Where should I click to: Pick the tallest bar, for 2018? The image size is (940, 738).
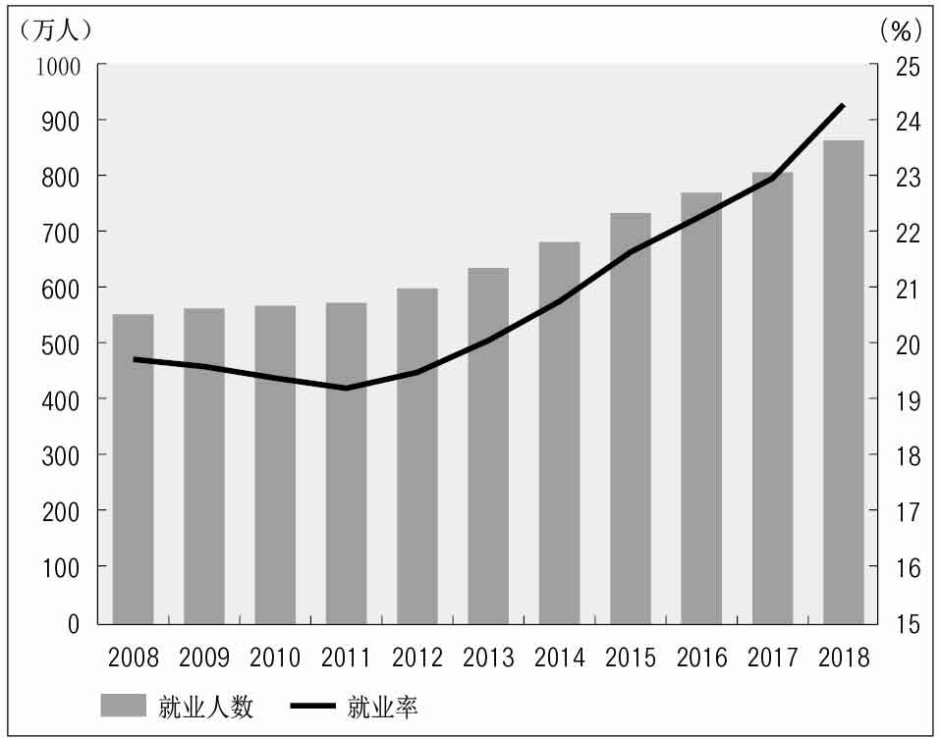(x=843, y=382)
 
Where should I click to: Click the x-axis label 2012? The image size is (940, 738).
(x=417, y=658)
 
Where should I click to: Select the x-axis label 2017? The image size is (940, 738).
(x=773, y=658)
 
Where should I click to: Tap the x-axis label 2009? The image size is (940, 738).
(x=204, y=658)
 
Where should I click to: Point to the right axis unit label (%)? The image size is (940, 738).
(x=901, y=29)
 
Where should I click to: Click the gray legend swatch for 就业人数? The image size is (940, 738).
(x=123, y=706)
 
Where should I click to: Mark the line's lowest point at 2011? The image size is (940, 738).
(x=346, y=389)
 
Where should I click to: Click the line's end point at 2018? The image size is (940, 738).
(x=844, y=105)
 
